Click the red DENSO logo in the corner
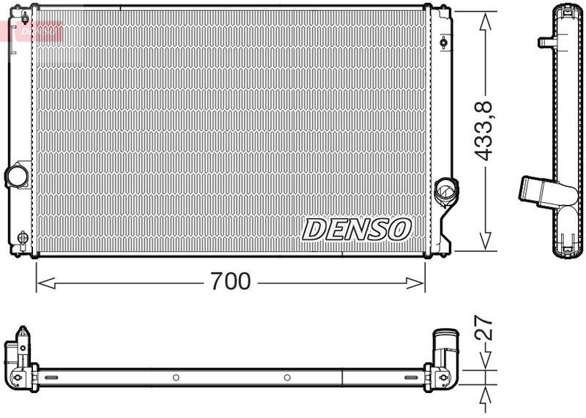(33, 30)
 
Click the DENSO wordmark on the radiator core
(355, 229)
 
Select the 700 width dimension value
(230, 281)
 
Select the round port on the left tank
(15, 176)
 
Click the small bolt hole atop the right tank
(443, 42)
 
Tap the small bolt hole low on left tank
(21, 237)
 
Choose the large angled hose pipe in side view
(546, 191)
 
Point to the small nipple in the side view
(546, 42)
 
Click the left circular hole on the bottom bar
(176, 378)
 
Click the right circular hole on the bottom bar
(287, 378)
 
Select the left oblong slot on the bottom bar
(52, 378)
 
